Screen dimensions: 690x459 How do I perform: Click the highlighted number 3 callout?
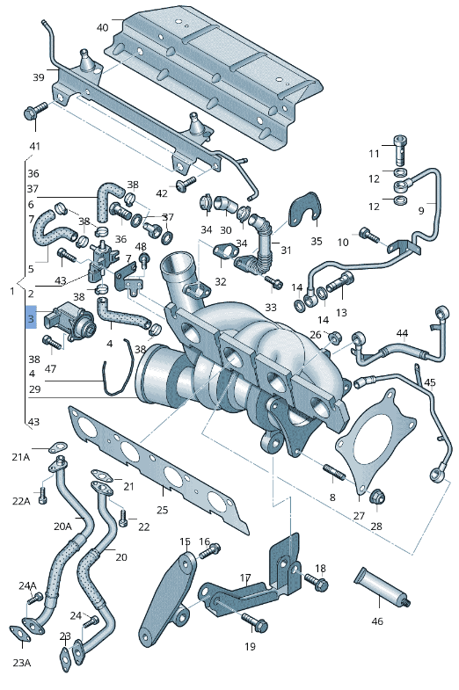(x=31, y=318)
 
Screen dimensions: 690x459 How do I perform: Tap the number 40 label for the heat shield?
(x=103, y=27)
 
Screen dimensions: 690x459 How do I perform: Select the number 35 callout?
(x=317, y=240)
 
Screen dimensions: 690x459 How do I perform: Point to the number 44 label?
(x=402, y=333)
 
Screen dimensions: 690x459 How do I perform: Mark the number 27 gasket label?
(x=359, y=516)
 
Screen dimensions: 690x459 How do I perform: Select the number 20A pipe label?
(x=62, y=527)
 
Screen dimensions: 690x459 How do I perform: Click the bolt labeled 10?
(x=371, y=235)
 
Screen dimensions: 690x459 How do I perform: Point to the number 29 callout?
(x=34, y=389)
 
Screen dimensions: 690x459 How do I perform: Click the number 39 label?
(x=39, y=77)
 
